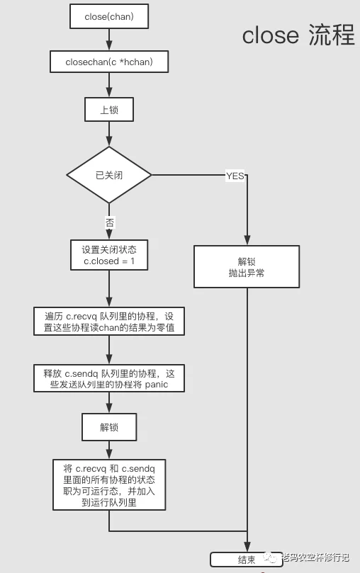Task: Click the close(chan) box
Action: (109, 16)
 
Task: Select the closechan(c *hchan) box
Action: (109, 62)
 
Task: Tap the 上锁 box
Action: (109, 110)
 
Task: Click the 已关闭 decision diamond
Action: (109, 175)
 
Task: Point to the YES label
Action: (235, 176)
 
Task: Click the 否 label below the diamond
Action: (109, 222)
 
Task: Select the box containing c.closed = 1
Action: (109, 255)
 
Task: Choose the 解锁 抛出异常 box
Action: (247, 267)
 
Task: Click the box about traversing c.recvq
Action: (109, 322)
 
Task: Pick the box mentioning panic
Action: (109, 379)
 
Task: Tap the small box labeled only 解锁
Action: (109, 427)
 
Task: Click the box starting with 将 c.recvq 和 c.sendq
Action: (109, 485)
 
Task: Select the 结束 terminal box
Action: (247, 560)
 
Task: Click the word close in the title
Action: (271, 35)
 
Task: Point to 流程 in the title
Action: (332, 35)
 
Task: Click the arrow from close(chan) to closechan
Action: (109, 40)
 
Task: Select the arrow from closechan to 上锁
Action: (109, 85)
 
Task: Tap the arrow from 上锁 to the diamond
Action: (109, 134)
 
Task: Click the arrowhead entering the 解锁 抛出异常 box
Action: (247, 240)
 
